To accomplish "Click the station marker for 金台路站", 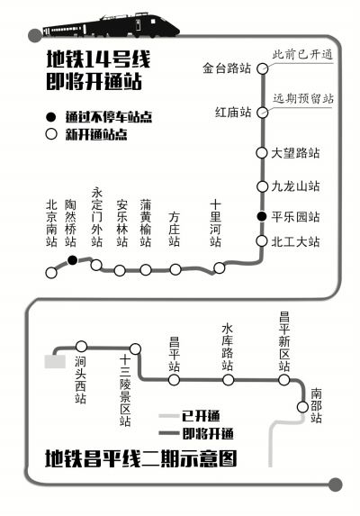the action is (262, 68).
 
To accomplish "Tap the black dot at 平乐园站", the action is (262, 216).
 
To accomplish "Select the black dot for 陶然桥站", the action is (72, 260).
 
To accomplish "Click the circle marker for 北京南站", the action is (51, 273).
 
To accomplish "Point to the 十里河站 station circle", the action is (220, 267).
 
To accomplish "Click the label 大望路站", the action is (295, 153).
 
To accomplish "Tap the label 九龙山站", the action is (295, 186).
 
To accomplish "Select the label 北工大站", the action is (295, 242).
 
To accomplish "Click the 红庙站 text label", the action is (233, 113).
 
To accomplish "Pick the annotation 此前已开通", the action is (302, 55).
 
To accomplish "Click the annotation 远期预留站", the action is (303, 98).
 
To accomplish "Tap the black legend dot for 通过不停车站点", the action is (51, 117).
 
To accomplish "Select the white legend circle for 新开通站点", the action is (51, 134).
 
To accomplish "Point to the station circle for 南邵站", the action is (302, 407).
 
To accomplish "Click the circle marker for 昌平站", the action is (174, 380).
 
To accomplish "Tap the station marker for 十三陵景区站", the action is (136, 349).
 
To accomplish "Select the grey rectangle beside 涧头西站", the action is (55, 361).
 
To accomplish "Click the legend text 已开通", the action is (201, 416).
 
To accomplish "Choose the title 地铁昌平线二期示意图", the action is (140, 458).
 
